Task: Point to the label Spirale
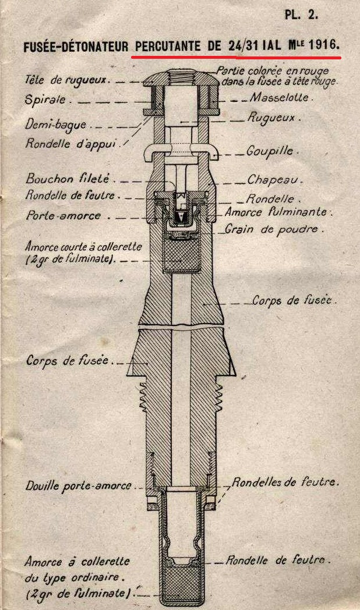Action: (x=45, y=100)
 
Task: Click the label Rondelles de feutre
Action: (x=285, y=483)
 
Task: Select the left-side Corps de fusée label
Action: (x=68, y=361)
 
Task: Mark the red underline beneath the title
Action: (x=235, y=58)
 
